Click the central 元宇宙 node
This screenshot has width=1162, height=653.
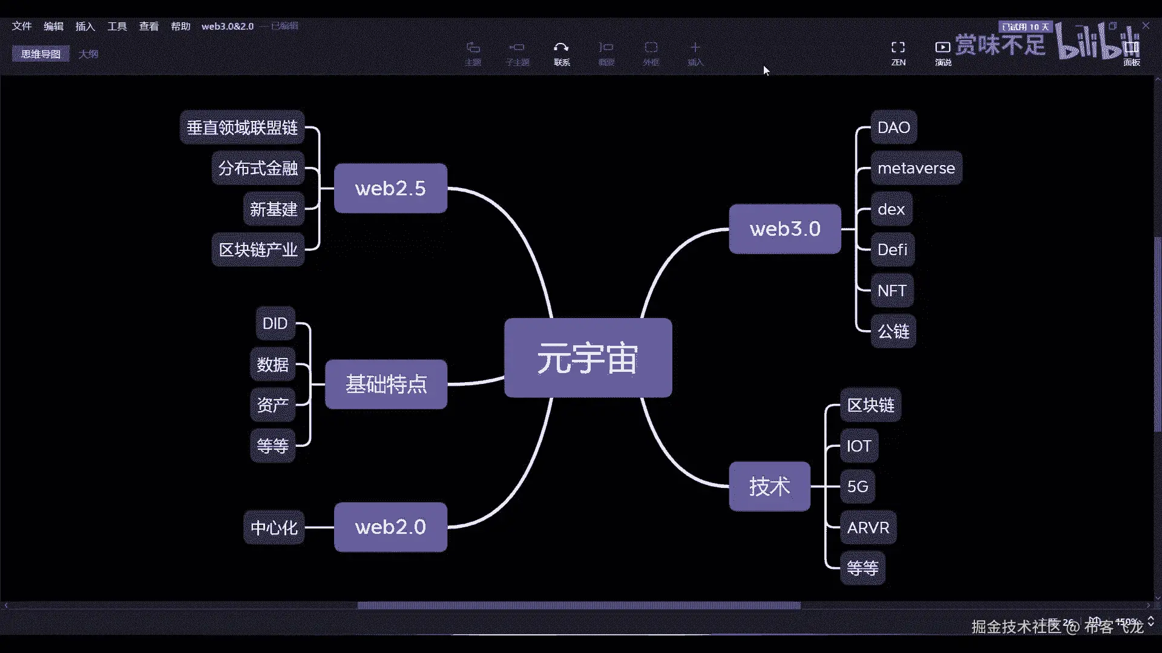pos(588,358)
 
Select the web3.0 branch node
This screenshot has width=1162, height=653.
pos(784,229)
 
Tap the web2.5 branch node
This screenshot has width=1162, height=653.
pos(390,188)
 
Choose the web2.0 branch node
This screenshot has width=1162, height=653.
pos(390,527)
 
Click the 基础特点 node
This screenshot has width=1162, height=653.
pos(386,384)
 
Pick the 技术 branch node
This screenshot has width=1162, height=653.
pos(769,486)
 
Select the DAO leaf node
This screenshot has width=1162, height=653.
pos(893,128)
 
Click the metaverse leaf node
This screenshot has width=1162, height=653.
pos(916,168)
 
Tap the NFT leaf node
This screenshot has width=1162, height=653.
pos(891,291)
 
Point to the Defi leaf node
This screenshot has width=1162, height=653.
pos(892,250)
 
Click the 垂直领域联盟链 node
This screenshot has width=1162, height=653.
pos(242,128)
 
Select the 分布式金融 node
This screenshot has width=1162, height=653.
pos(258,168)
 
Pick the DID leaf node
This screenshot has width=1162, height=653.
pos(275,323)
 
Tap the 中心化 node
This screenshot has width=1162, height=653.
pos(274,528)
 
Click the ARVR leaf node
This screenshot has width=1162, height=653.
pos(868,528)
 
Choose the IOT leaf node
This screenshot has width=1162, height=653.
pos(858,446)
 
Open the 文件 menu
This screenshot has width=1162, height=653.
pos(22,26)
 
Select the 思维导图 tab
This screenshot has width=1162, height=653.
pos(41,54)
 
